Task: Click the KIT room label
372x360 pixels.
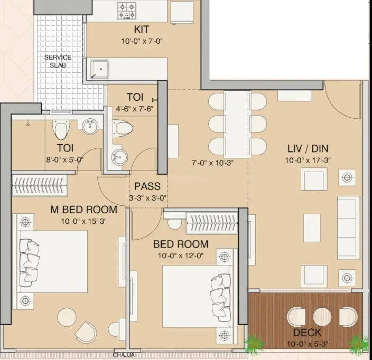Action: tap(142, 30)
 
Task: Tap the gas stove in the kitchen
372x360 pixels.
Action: tap(127, 11)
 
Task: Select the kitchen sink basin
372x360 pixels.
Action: tap(99, 69)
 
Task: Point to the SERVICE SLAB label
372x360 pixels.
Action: tap(58, 61)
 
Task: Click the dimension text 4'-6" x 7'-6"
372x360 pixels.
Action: tap(135, 109)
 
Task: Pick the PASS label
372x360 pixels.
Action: tap(147, 186)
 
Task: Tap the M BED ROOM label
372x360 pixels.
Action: tap(84, 210)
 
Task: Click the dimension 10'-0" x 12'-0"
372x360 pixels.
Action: tap(181, 255)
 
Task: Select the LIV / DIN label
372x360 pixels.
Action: tap(308, 149)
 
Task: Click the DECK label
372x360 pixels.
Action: tap(307, 333)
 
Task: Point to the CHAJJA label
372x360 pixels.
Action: tap(124, 355)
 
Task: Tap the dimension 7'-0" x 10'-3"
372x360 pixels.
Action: tap(212, 163)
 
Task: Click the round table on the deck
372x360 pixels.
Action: tap(322, 317)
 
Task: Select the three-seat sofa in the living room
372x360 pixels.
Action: tap(348, 228)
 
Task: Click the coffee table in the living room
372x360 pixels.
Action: tap(312, 228)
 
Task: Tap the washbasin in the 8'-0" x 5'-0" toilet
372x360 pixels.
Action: tap(90, 126)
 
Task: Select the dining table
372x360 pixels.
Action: tap(237, 124)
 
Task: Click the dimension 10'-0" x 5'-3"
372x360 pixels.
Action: tap(307, 344)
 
